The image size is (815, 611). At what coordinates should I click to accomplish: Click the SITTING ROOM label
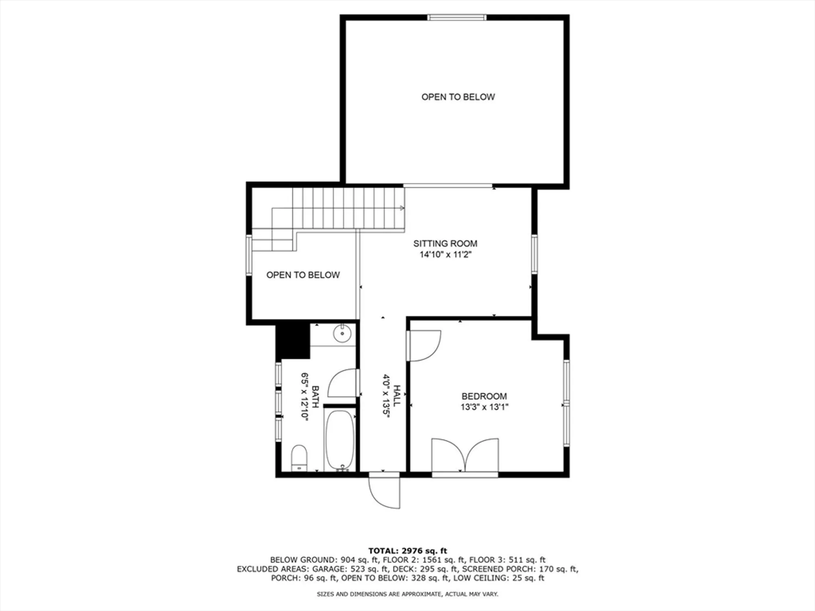445,244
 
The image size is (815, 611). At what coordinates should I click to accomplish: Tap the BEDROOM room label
484,396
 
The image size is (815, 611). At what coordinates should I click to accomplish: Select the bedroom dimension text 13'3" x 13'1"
484,407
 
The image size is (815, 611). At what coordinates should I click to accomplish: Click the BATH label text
315,397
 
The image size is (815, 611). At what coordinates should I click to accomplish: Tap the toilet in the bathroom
299,458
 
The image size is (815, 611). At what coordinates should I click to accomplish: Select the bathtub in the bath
340,440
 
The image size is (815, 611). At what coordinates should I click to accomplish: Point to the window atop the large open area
457,18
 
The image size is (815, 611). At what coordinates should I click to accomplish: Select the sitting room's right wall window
534,254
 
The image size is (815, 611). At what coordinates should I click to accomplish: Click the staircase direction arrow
402,208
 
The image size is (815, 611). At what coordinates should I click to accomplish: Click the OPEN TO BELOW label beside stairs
303,275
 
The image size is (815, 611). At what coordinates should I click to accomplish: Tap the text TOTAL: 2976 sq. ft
407,551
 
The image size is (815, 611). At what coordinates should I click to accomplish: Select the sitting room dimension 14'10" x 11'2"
445,255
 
